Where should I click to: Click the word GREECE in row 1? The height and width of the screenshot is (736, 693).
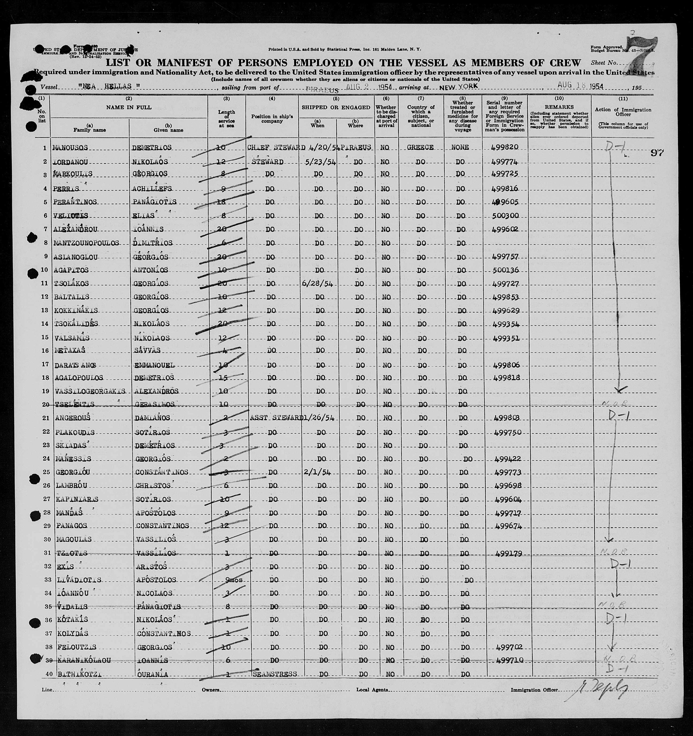point(420,147)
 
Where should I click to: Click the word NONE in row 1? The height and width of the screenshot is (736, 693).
point(460,147)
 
